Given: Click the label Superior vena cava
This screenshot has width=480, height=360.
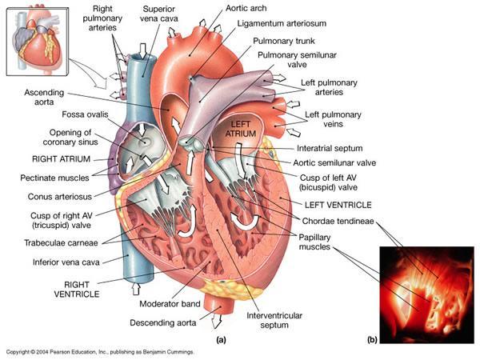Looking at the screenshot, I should point(159,14).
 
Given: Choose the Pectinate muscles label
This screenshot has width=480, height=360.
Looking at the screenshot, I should point(54,177).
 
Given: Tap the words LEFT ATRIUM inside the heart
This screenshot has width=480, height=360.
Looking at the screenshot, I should point(242,130).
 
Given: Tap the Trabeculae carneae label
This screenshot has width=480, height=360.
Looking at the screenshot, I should point(59,239).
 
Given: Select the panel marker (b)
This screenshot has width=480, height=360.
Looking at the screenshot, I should point(371,339).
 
